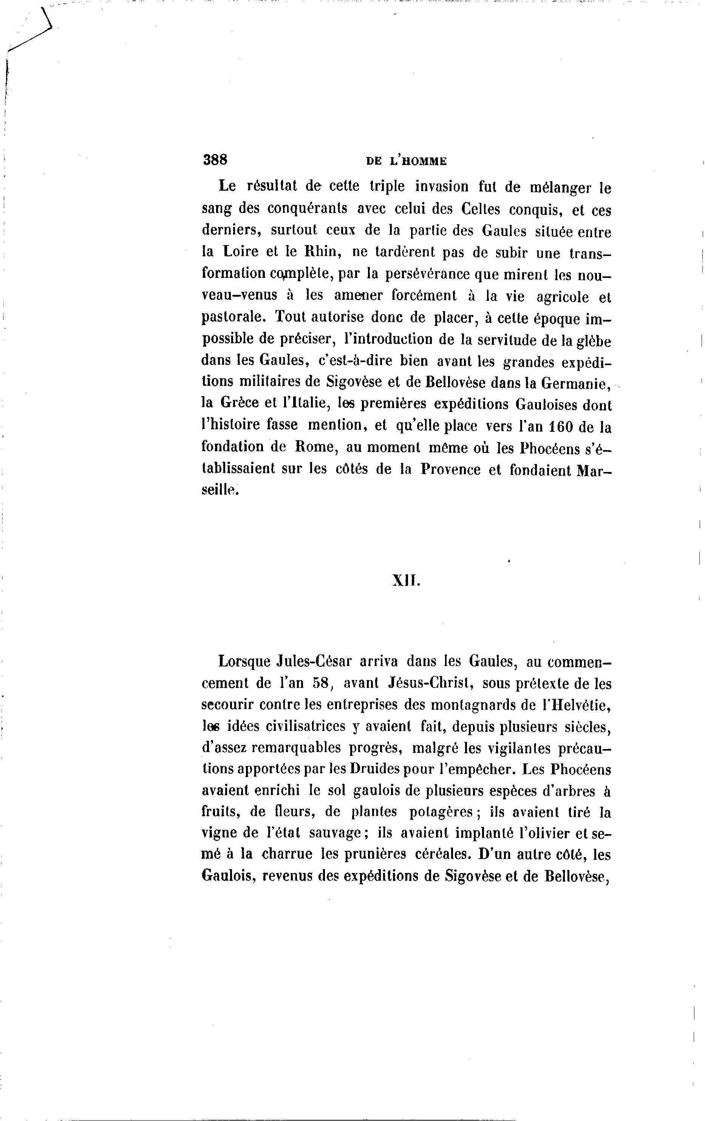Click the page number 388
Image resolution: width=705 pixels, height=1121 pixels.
(215, 160)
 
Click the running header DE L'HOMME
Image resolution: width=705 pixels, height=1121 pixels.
(406, 161)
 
